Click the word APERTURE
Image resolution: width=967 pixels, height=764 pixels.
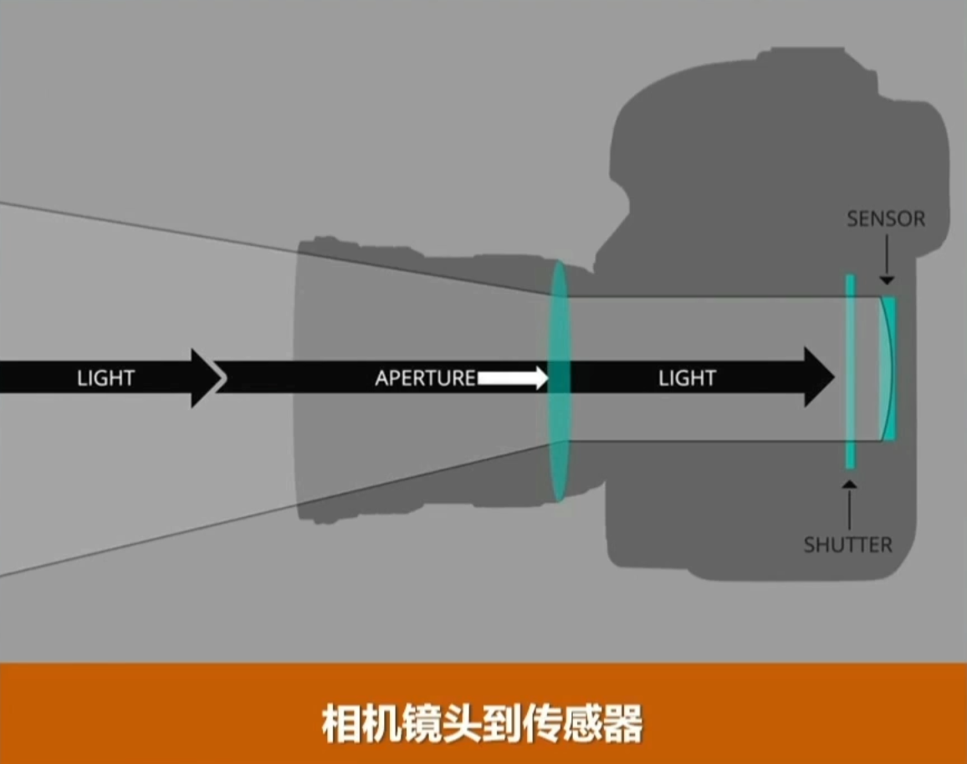[425, 378]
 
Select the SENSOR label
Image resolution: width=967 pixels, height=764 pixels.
[886, 219]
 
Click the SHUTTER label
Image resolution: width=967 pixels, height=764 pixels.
[847, 545]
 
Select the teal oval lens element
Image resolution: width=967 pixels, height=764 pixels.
[558, 381]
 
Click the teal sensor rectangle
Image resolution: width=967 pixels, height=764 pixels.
[892, 369]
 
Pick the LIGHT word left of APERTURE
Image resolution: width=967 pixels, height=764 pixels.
[105, 378]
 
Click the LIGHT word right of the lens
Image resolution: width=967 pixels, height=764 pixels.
[687, 378]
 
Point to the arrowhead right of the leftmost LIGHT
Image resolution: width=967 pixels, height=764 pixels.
[205, 378]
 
